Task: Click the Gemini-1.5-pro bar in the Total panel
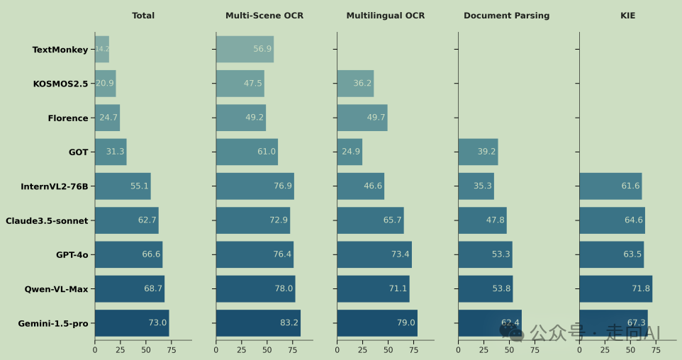pyautogui.click(x=132, y=323)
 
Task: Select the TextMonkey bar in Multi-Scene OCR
pyautogui.click(x=245, y=49)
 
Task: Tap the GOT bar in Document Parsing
pyautogui.click(x=478, y=152)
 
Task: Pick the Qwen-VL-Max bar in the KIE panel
pyautogui.click(x=615, y=289)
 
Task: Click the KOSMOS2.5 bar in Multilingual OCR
pyautogui.click(x=355, y=83)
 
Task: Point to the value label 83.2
pyautogui.click(x=289, y=323)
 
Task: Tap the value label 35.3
pyautogui.click(x=483, y=186)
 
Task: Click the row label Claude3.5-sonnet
pyautogui.click(x=47, y=220)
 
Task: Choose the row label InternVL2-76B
pyautogui.click(x=55, y=186)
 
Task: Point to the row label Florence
pyautogui.click(x=68, y=118)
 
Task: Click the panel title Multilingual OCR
pyautogui.click(x=386, y=16)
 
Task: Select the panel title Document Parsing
pyautogui.click(x=506, y=16)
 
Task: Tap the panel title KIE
pyautogui.click(x=627, y=16)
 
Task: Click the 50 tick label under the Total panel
pyautogui.click(x=146, y=349)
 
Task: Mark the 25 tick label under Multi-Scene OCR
pyautogui.click(x=242, y=349)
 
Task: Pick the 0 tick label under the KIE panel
pyautogui.click(x=579, y=349)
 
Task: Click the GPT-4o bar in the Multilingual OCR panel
pyautogui.click(x=374, y=254)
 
